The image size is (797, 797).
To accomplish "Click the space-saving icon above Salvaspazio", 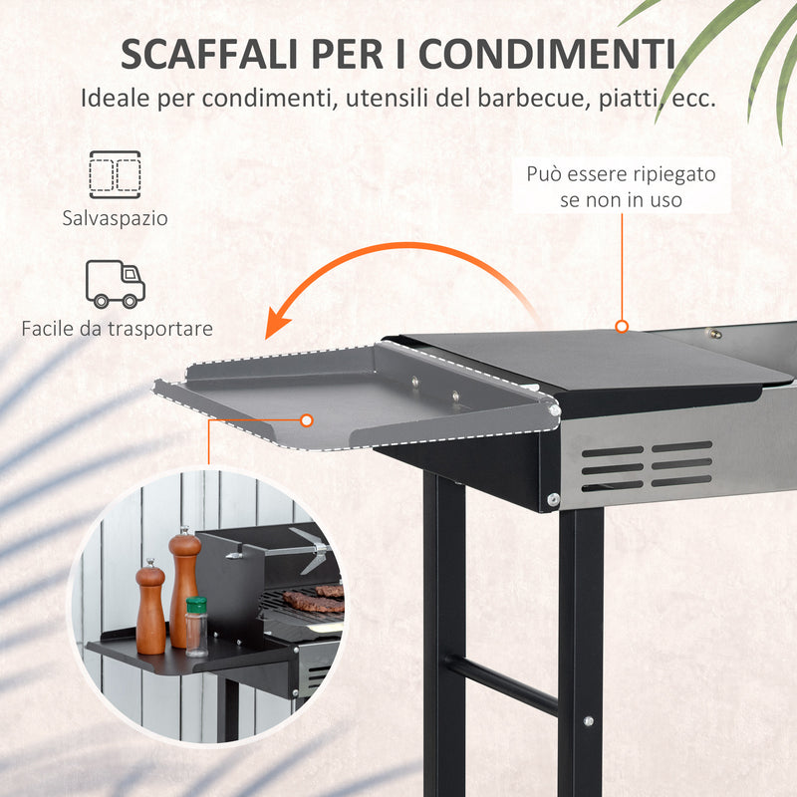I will [x=115, y=174].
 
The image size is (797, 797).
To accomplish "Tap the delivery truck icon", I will [x=116, y=283].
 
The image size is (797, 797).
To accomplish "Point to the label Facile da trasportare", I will [x=117, y=328].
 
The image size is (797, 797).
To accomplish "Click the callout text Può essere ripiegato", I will [x=621, y=174].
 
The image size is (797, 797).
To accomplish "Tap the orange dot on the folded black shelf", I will [x=622, y=326].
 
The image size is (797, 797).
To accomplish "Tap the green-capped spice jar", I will [x=196, y=625].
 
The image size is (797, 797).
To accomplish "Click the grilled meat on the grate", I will [x=314, y=599].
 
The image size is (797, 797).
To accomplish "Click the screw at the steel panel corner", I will [x=553, y=498].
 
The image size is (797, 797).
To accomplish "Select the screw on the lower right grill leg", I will [x=588, y=720].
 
